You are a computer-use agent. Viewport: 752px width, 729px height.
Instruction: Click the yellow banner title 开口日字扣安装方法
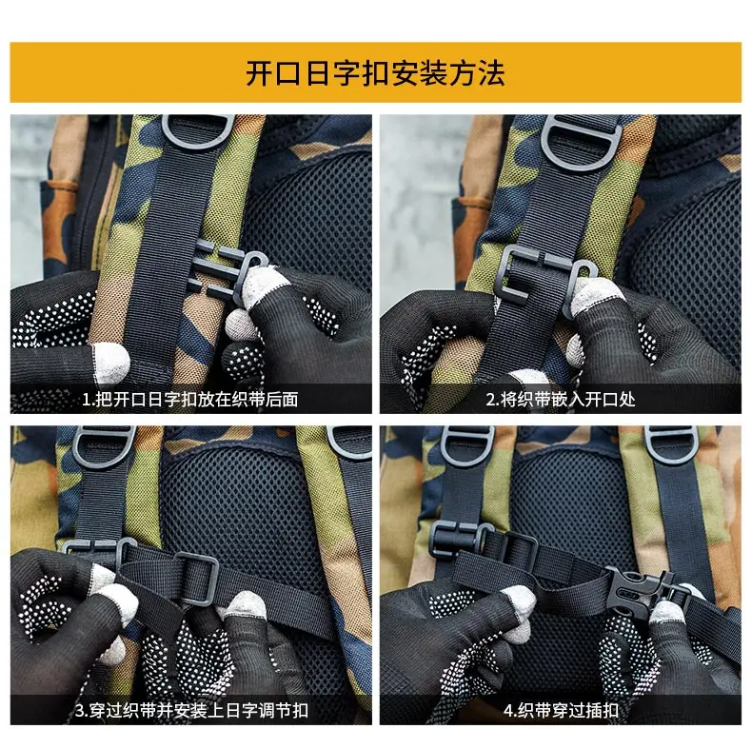pyautogui.click(x=375, y=73)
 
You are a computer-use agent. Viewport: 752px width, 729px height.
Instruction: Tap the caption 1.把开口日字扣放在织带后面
pyautogui.click(x=190, y=399)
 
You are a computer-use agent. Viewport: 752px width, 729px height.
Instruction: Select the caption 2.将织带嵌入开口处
pyautogui.click(x=561, y=399)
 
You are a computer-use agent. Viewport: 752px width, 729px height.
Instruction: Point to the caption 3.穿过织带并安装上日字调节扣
pyautogui.click(x=191, y=710)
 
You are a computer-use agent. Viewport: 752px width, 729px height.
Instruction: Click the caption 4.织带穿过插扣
pyautogui.click(x=561, y=710)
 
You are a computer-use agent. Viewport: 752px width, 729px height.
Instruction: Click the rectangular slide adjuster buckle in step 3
pyautogui.click(x=196, y=578)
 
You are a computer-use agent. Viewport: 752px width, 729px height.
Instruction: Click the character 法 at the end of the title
pyautogui.click(x=491, y=74)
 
